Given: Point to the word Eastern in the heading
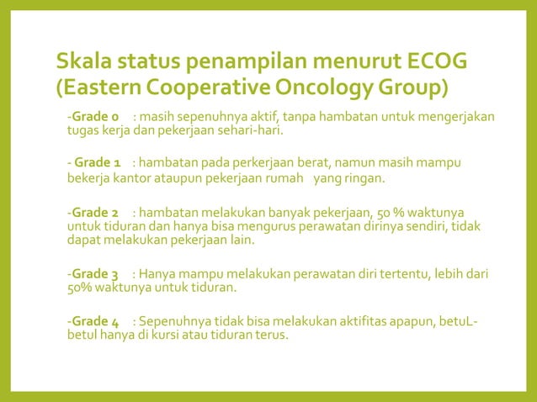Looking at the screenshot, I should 100,87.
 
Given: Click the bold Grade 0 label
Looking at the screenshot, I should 96,115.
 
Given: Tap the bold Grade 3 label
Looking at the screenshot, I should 96,274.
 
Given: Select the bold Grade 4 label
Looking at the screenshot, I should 96,321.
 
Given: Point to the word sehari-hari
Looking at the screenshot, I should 255,131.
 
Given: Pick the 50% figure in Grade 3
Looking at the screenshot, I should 82,289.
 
